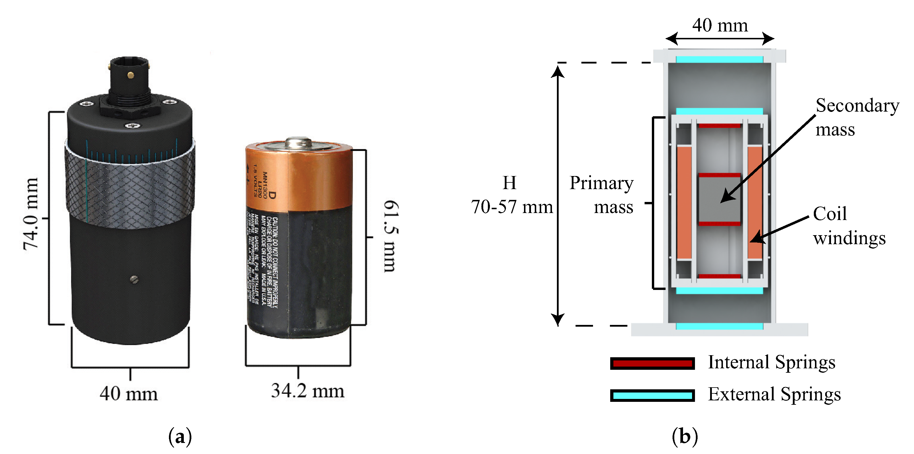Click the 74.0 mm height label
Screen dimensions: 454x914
coord(31,214)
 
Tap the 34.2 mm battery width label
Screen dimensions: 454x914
coord(308,391)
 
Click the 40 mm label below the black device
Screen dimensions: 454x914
coord(128,393)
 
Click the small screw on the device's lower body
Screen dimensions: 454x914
coord(134,280)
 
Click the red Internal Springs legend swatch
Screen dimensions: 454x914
coord(652,363)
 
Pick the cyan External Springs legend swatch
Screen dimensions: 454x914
coord(652,395)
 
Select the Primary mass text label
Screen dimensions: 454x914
coord(602,195)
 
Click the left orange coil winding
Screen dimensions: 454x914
coord(684,202)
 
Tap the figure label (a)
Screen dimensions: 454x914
coord(180,436)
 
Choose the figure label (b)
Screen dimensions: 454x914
coord(684,436)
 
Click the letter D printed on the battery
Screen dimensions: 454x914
coord(272,195)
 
